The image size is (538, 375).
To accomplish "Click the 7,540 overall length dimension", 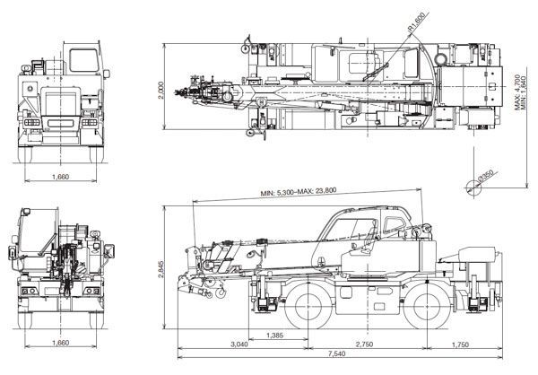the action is click(x=336, y=353).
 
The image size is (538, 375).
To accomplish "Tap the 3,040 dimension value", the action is click(x=239, y=344).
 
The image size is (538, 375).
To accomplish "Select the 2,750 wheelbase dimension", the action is click(x=364, y=344).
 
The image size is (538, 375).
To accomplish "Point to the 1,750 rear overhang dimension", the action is click(x=460, y=344).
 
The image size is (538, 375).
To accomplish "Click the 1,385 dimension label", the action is click(x=274, y=336).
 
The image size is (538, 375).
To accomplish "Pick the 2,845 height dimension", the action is click(x=161, y=270).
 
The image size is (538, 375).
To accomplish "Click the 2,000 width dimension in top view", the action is click(x=161, y=90).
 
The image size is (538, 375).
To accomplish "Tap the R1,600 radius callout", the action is click(x=416, y=22).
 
